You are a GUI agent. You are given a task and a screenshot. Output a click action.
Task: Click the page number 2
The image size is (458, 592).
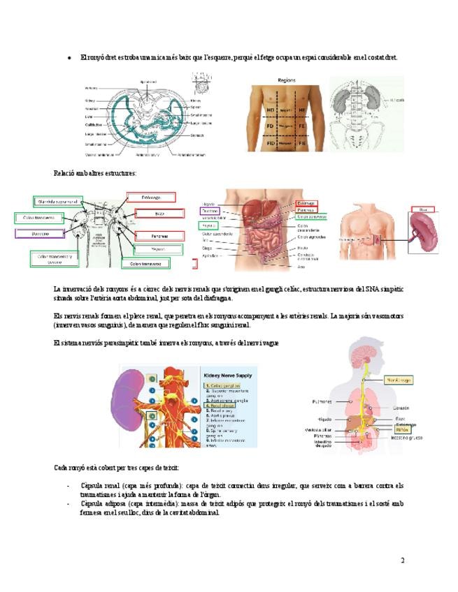(x=403, y=560)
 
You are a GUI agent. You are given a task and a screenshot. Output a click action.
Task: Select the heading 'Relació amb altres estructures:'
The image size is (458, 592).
(x=95, y=172)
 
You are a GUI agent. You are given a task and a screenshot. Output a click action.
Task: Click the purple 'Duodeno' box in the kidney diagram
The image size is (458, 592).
(x=44, y=234)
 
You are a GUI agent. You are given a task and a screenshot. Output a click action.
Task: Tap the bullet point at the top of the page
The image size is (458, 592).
(x=68, y=57)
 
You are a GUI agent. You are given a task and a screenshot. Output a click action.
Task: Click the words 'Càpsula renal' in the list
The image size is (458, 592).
(x=101, y=485)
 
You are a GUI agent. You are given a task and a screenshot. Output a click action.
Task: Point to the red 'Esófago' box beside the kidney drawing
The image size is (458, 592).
(x=151, y=198)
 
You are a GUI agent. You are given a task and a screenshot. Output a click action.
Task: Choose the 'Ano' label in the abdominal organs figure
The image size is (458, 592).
(x=302, y=266)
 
